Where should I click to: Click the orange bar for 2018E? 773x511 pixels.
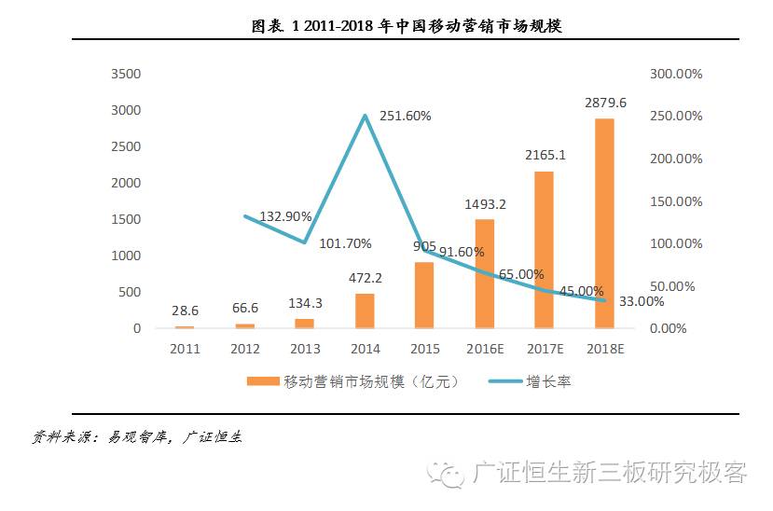pos(604,224)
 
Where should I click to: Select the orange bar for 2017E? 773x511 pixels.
pos(544,250)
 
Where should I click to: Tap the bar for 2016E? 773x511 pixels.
pos(484,274)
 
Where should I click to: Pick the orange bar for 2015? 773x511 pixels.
pos(424,295)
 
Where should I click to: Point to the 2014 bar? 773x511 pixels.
pos(365,311)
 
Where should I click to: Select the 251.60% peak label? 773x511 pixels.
pos(402,116)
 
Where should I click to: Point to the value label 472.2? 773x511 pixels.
pos(365,277)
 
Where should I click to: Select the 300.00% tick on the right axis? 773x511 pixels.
pos(676,74)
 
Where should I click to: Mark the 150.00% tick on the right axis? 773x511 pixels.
pos(676,201)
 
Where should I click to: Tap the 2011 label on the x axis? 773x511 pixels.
pos(185,349)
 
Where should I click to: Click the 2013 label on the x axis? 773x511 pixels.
pos(304,349)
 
